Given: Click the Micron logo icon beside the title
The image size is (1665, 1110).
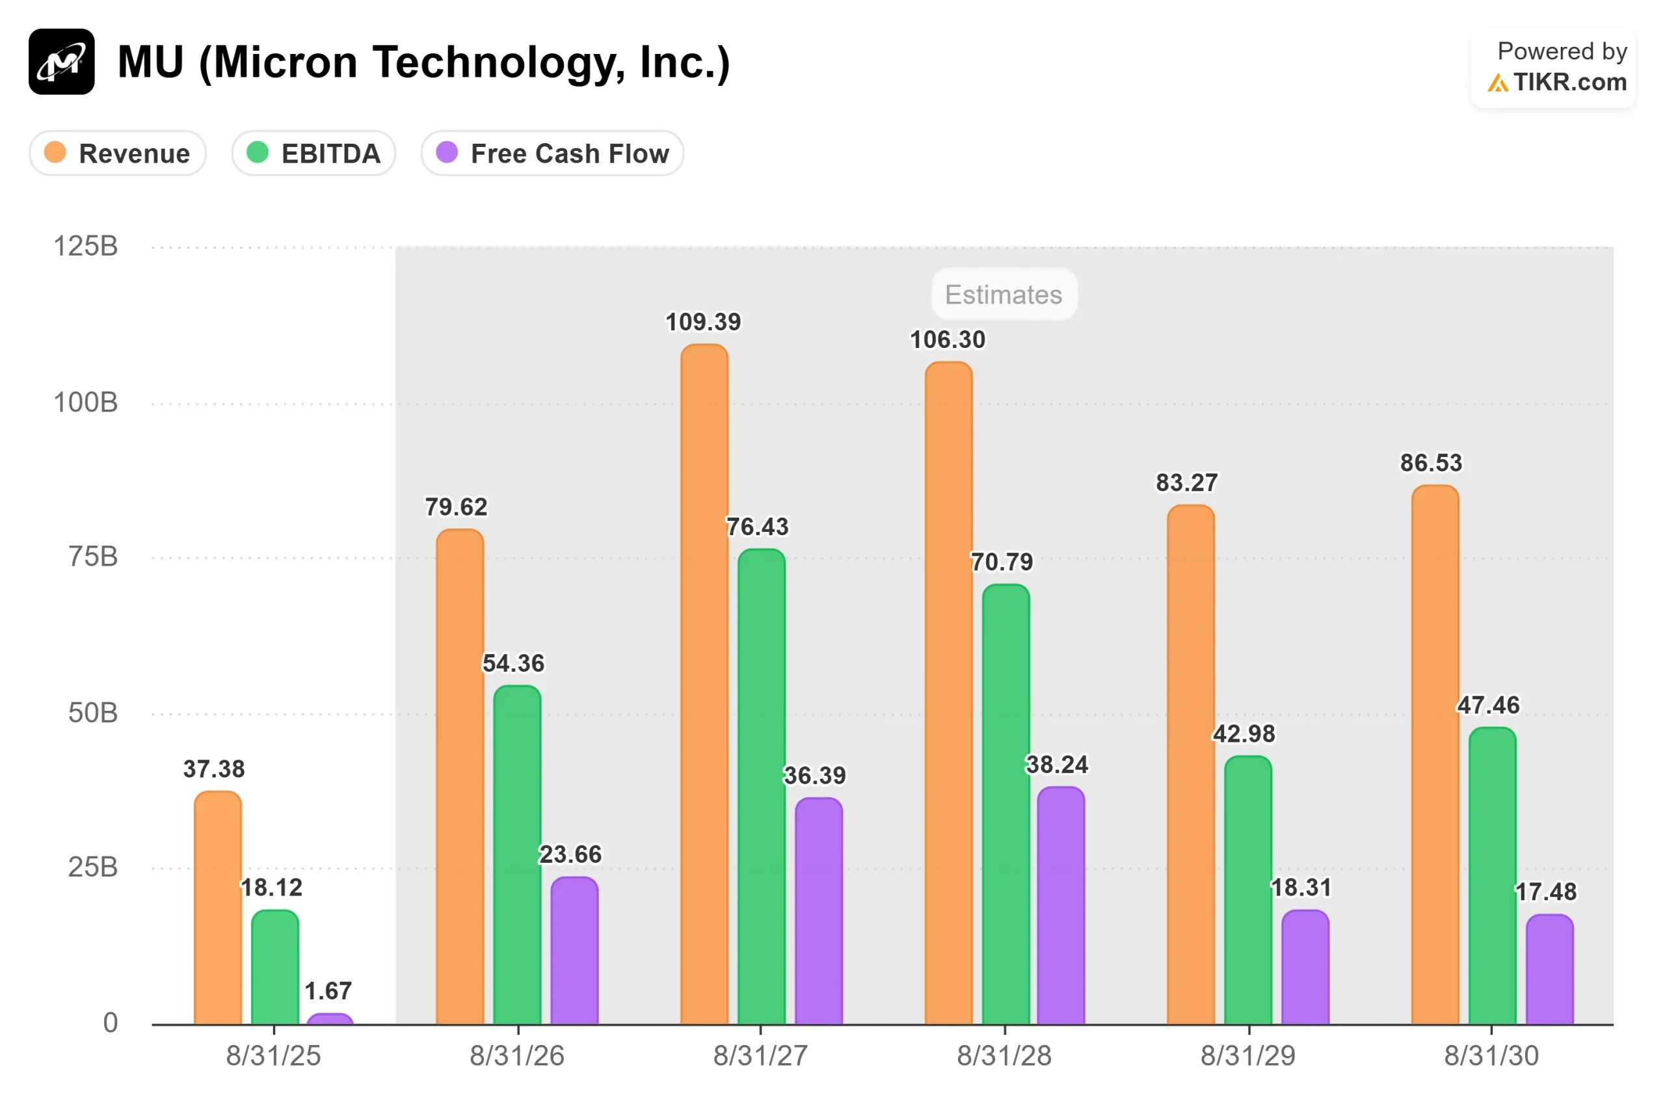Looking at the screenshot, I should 62,62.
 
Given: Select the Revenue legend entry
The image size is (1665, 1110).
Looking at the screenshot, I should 118,153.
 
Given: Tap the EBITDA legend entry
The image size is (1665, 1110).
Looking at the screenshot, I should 313,153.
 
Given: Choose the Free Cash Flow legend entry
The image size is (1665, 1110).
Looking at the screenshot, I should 552,153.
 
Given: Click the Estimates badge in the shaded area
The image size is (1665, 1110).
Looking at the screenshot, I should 1004,295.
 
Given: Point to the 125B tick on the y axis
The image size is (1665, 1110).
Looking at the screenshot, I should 86,246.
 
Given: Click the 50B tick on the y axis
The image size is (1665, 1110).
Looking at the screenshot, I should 93,713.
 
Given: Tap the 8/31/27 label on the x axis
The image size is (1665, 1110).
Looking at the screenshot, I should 760,1056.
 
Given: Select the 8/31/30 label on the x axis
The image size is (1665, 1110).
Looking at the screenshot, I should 1491,1056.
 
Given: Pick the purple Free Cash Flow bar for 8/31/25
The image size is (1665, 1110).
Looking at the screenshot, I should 330,1020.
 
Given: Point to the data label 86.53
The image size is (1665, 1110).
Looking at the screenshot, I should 1432,463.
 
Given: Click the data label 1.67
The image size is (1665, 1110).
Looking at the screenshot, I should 328,991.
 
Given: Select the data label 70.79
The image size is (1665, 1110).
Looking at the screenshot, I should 1002,562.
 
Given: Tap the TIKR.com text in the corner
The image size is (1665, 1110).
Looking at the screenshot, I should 1569,83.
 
